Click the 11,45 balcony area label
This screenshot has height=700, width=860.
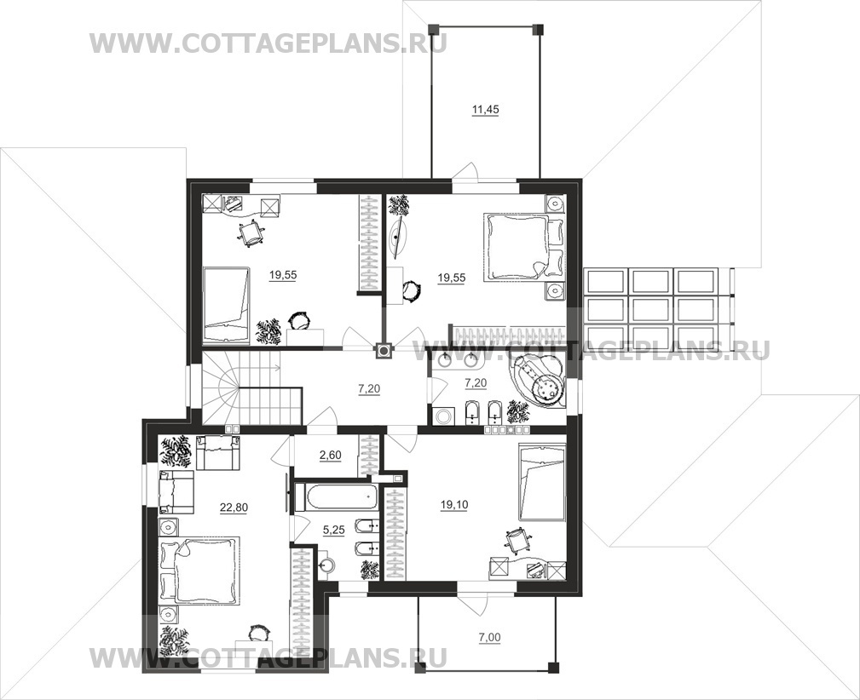click(x=485, y=110)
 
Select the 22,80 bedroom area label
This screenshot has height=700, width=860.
click(x=234, y=508)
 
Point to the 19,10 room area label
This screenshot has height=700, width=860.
click(x=454, y=504)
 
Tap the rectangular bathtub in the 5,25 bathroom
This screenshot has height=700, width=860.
click(x=336, y=497)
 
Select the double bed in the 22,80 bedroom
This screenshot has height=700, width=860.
click(x=199, y=570)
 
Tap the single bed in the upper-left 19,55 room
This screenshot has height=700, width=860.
click(x=227, y=305)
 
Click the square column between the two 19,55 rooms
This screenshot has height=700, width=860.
click(x=384, y=350)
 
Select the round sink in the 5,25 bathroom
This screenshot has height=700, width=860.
click(x=327, y=565)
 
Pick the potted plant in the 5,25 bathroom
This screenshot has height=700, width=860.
click(x=370, y=570)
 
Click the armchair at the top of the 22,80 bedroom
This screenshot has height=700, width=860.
click(x=217, y=452)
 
